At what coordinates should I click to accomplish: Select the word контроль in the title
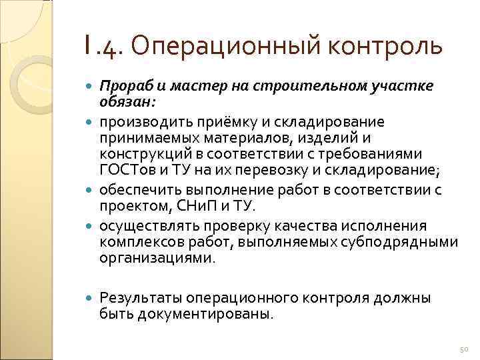(x=387, y=47)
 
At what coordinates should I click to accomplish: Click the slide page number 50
(x=465, y=350)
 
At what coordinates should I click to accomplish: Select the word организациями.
(x=157, y=258)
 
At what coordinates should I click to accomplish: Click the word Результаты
(x=141, y=298)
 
